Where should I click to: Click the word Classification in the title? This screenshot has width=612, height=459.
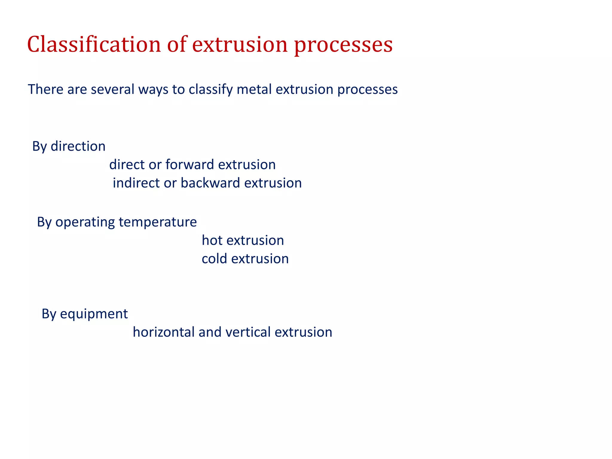tap(94, 44)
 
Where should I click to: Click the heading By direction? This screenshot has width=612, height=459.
tap(69, 146)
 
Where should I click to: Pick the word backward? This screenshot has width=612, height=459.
tap(210, 183)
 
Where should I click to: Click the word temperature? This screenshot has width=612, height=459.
tap(157, 222)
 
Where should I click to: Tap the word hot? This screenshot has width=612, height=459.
tap(212, 240)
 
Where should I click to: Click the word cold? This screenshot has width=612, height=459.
tap(214, 259)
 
